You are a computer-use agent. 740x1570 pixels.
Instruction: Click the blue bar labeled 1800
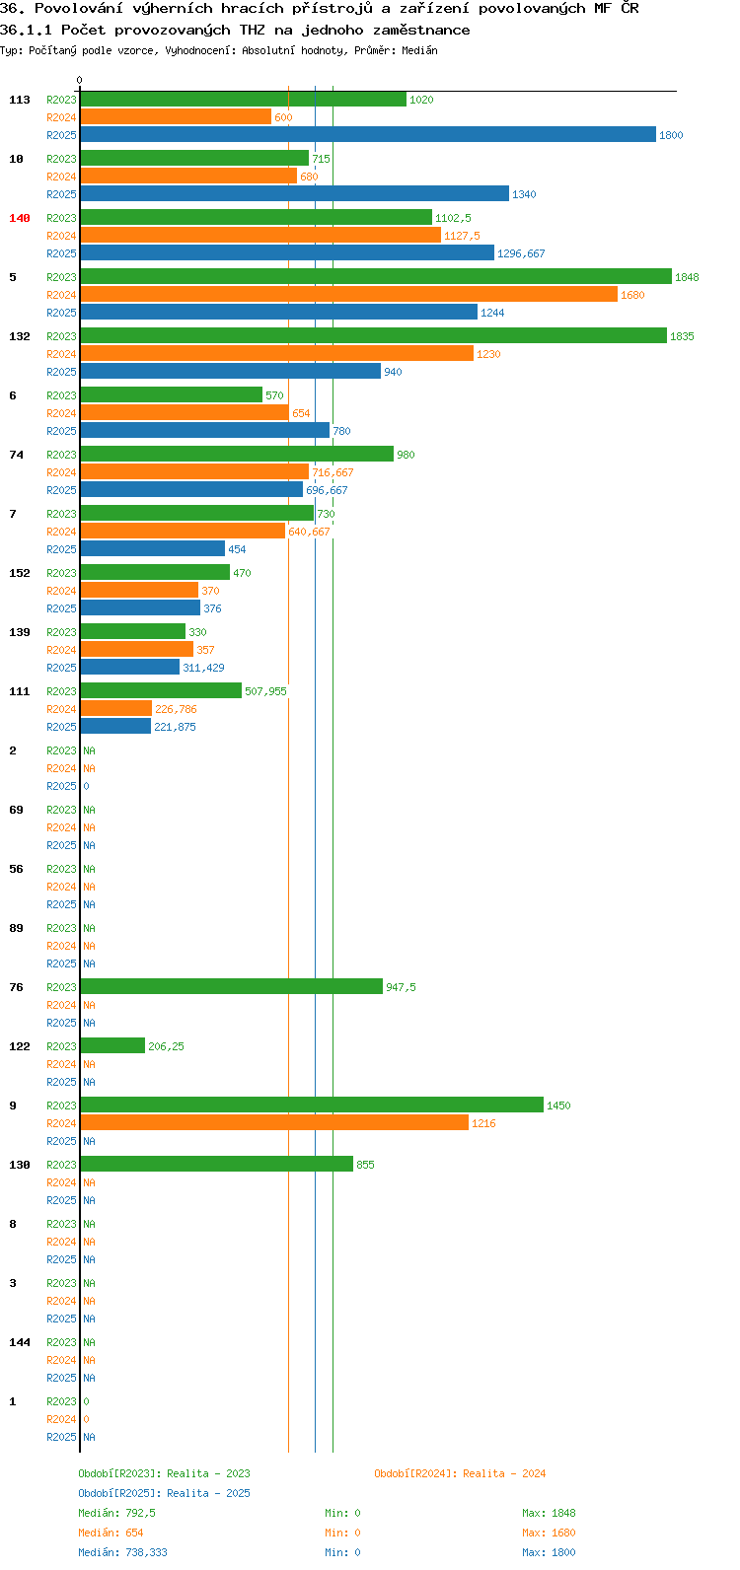368,134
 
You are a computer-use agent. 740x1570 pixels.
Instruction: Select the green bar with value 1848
376,277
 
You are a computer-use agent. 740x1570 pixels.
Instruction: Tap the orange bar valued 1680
349,294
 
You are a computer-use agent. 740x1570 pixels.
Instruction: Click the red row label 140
20,218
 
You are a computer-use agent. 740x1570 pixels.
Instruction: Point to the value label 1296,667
521,253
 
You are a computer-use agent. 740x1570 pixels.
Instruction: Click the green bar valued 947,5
232,987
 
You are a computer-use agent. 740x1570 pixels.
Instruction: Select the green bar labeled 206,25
112,1045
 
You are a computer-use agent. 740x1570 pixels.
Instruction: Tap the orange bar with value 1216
274,1123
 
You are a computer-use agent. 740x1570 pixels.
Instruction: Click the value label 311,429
203,668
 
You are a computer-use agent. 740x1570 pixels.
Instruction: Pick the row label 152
20,573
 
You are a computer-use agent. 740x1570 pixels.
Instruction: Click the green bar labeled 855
217,1164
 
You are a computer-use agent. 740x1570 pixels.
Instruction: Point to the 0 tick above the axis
79,80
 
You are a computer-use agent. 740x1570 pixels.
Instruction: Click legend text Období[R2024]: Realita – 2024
460,1473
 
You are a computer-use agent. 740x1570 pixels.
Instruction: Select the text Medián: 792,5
116,1513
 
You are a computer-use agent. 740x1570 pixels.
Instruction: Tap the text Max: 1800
549,1552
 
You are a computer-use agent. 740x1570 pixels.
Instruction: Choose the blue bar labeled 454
153,548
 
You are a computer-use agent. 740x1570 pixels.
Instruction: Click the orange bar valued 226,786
116,709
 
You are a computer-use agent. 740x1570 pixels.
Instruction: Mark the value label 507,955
265,691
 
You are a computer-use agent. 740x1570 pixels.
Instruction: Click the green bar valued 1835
374,335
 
